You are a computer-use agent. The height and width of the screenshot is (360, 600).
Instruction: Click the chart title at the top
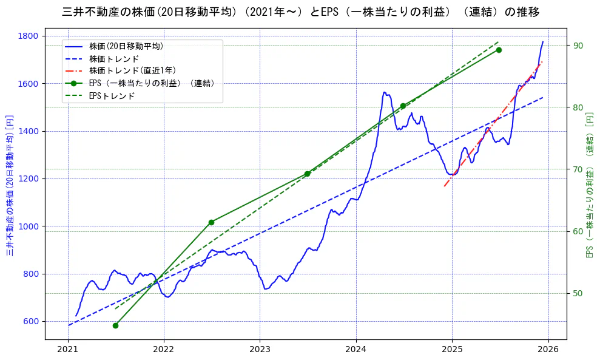[x=300, y=12]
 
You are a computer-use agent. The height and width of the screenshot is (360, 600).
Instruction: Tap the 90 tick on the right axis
[x=577, y=46]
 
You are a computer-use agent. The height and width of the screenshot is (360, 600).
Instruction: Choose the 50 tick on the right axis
[x=577, y=294]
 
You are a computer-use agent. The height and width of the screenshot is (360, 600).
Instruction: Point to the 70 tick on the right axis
[x=577, y=169]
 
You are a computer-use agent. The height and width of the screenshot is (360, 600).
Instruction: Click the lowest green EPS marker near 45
[x=115, y=325]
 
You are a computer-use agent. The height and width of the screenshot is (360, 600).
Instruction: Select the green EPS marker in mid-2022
[x=211, y=222]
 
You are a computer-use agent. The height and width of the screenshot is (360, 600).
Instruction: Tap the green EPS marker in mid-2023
[x=307, y=174]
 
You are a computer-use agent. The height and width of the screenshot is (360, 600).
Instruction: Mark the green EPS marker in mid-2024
[x=403, y=106]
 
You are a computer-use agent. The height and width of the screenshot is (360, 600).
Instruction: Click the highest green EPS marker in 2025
[x=499, y=50]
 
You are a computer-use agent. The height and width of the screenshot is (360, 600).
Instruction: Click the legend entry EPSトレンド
[x=112, y=96]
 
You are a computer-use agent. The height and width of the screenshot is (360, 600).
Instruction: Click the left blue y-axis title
[x=10, y=185]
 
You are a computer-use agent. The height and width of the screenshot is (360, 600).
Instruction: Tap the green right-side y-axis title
[x=589, y=185]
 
